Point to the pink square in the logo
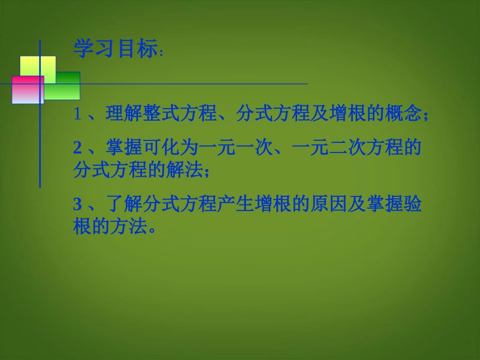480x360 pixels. tap(28, 90)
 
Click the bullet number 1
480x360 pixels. tap(77, 115)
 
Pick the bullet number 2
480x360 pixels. tap(77, 147)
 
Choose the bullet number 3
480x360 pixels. tap(77, 205)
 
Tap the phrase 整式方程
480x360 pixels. tap(171, 115)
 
